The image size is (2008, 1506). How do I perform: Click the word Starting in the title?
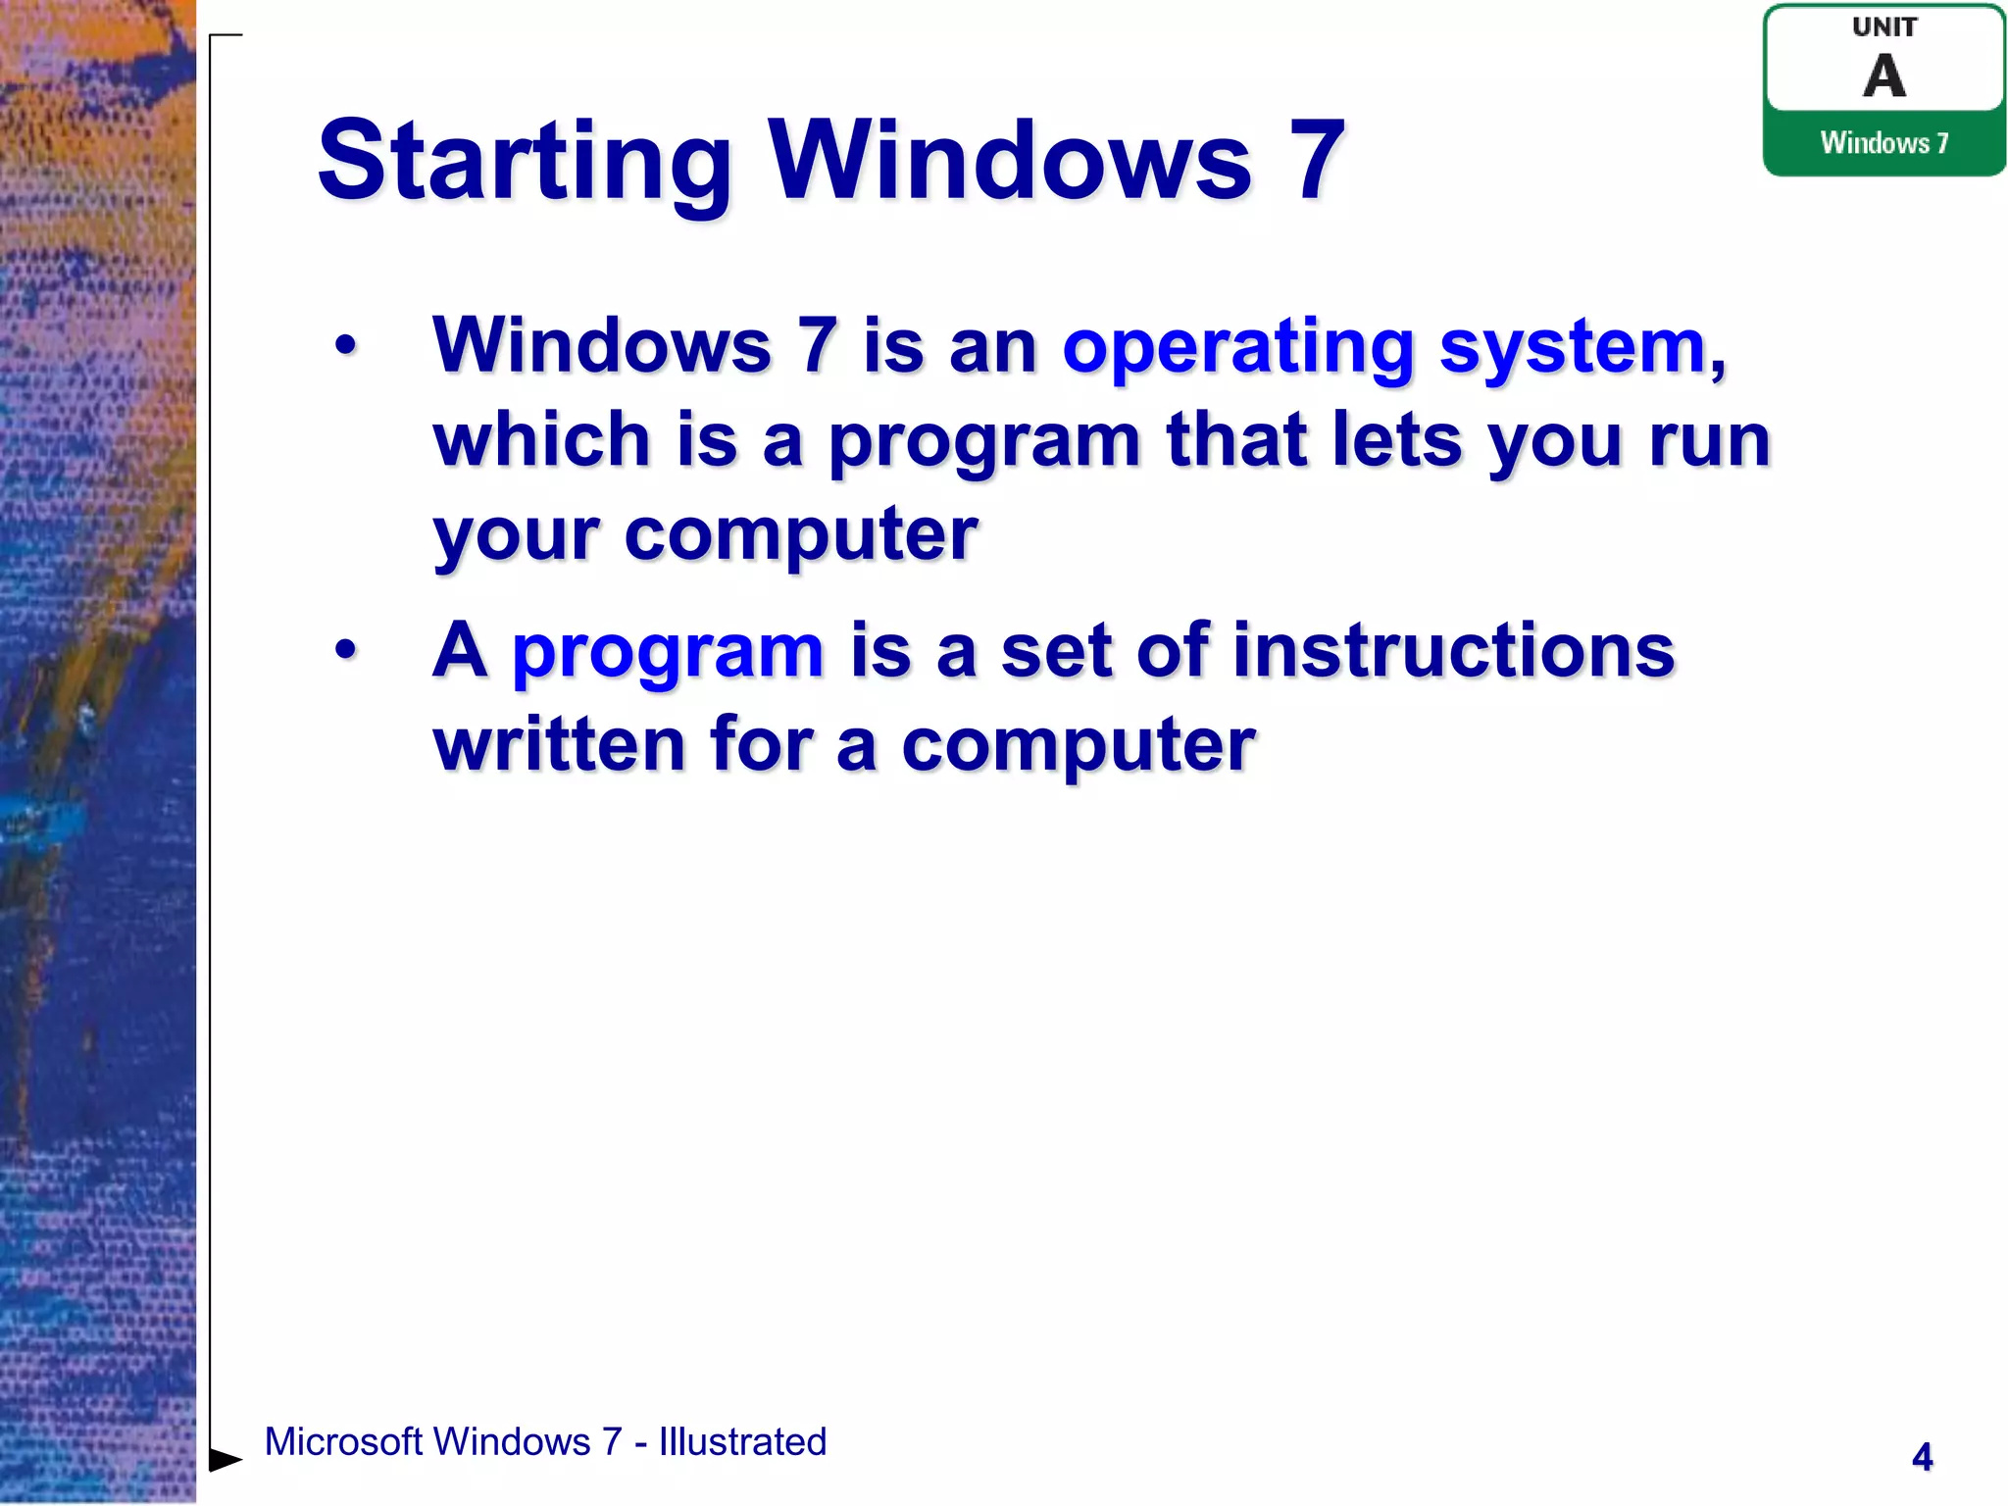525,162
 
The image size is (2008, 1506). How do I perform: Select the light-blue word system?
1573,348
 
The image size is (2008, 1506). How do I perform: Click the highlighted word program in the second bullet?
668,652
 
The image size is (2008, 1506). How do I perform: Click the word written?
559,744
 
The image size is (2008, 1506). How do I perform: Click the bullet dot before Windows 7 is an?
345,345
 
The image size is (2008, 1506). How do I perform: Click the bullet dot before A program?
345,649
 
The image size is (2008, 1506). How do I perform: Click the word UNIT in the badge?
1883,27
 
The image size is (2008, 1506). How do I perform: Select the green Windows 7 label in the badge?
1883,143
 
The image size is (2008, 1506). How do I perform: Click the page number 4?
1922,1457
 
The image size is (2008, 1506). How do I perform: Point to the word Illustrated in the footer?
742,1442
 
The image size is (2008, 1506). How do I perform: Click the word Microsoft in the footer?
343,1442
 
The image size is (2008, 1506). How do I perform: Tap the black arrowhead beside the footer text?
225,1460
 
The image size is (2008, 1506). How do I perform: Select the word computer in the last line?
1078,745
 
